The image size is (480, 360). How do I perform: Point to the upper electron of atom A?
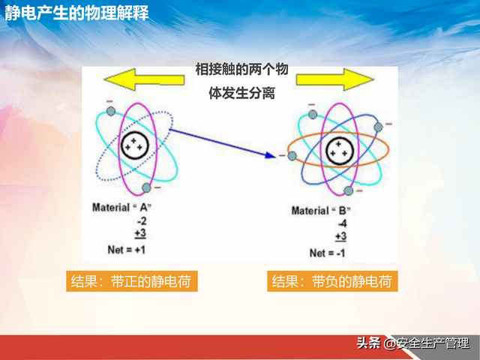111,112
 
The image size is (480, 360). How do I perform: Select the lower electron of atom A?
148,187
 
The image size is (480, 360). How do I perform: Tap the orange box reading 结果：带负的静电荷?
331,281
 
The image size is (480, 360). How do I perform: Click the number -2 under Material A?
140,220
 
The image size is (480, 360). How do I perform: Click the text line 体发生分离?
240,95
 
